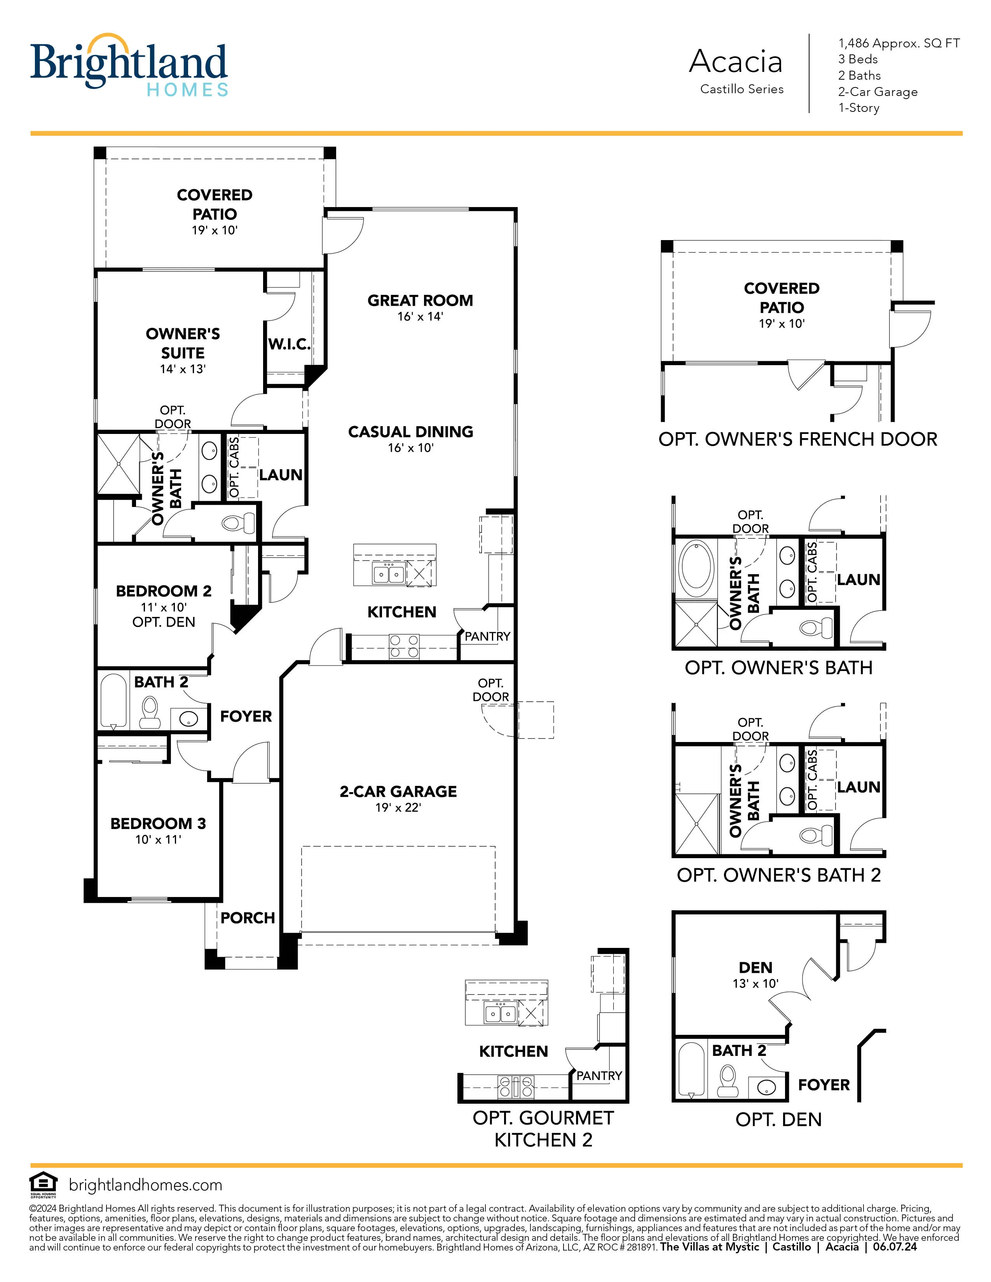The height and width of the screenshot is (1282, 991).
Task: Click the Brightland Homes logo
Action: (x=129, y=64)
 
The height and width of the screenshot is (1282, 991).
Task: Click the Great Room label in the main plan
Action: (x=420, y=301)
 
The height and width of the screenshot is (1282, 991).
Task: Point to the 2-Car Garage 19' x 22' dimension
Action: (x=398, y=808)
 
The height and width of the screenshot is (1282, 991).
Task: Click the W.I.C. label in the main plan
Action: (x=289, y=345)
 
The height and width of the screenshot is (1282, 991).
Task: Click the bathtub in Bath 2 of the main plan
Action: (x=114, y=702)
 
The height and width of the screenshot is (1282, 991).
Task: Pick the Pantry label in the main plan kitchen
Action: (x=487, y=636)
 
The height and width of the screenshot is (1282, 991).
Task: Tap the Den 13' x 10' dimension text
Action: (x=755, y=983)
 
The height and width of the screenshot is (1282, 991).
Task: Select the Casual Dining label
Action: (x=410, y=432)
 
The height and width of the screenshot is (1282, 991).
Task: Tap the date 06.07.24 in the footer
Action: (x=894, y=1247)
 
